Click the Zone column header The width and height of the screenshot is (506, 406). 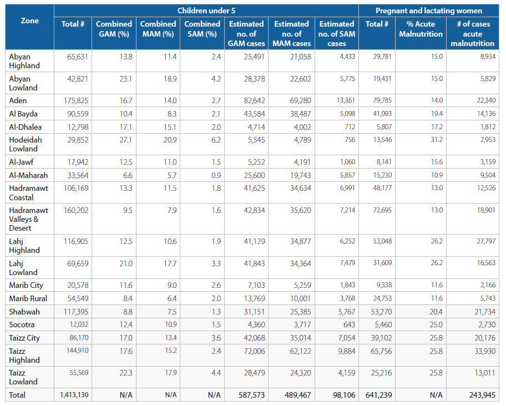coord(30,21)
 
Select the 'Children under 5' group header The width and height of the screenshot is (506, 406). coord(206,11)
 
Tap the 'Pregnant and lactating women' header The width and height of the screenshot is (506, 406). coord(428,11)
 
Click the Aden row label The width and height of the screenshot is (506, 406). coord(18,100)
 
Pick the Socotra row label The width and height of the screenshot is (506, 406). coord(22,324)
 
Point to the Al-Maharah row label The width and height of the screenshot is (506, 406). coord(28,175)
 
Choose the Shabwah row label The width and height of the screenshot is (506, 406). coord(24,312)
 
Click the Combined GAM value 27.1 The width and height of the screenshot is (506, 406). coord(125,140)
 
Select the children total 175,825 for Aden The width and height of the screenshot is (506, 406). coord(76,100)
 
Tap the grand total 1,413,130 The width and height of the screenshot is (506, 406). coord(74,395)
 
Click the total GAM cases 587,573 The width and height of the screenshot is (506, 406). coord(251,395)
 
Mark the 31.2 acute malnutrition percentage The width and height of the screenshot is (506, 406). coord(437,140)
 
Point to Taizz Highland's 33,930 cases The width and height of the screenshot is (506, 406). coord(485,351)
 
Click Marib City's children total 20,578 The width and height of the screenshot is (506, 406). coord(78,286)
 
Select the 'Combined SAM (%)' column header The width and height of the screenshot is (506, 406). coord(202,29)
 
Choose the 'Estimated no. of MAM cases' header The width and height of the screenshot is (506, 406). coord(291,33)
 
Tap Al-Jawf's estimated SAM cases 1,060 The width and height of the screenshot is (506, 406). coord(347,162)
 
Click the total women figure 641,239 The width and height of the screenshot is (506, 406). coord(378,395)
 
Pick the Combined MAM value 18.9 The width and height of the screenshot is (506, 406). coord(170,79)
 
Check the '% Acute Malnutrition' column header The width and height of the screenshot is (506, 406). coord(421,29)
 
